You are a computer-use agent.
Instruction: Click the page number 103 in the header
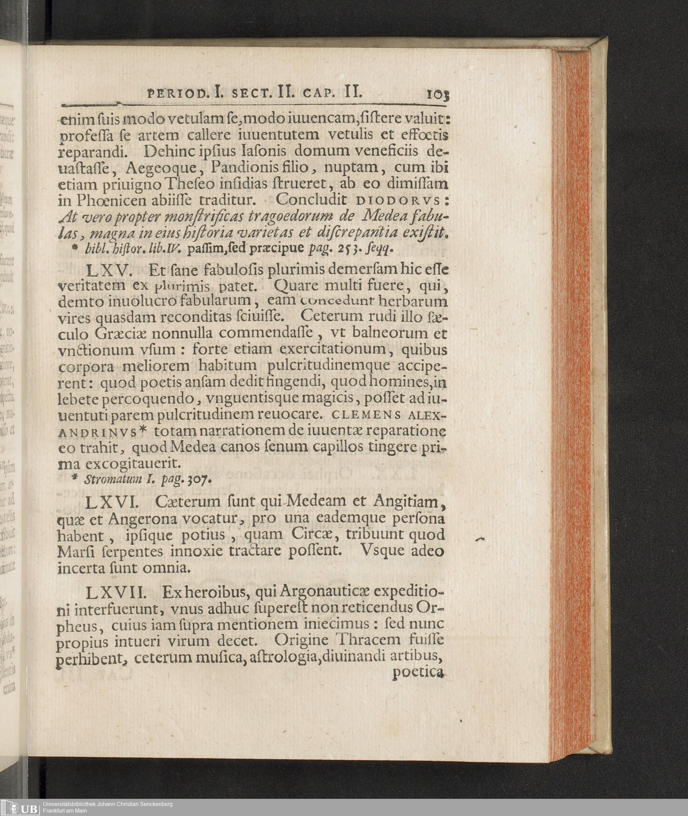click(x=438, y=95)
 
